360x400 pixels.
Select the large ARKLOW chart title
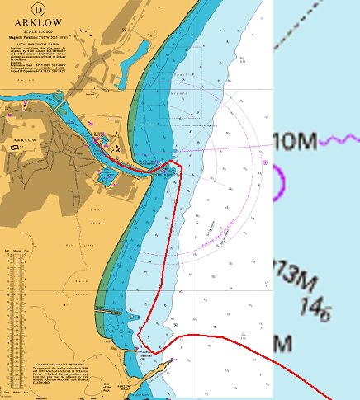pos(69,22)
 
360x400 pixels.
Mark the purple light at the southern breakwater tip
pos(173,360)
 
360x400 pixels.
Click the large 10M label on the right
pos(294,141)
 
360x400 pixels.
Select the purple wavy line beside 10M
pos(339,141)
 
